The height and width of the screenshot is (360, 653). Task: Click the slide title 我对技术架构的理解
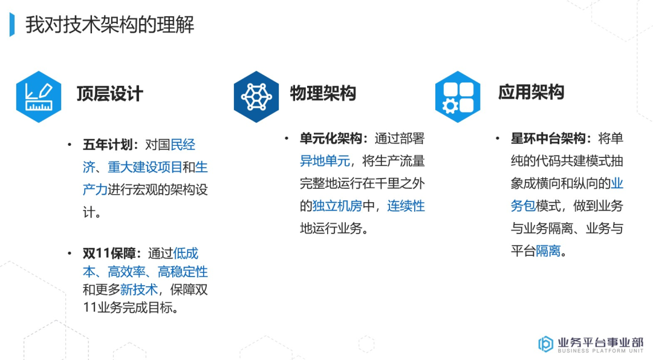(109, 25)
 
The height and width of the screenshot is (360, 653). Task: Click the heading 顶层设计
(109, 94)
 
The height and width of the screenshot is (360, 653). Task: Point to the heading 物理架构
(323, 93)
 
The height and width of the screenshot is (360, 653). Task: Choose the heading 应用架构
(531, 92)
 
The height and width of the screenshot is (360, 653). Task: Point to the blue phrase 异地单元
(325, 161)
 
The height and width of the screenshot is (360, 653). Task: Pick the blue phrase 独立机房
(337, 206)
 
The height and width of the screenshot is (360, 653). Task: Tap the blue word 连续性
(406, 206)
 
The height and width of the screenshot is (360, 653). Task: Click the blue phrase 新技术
(138, 290)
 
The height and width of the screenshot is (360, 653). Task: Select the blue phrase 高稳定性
(183, 272)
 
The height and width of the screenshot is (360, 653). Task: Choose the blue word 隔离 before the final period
(548, 250)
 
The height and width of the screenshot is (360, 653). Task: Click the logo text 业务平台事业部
(600, 341)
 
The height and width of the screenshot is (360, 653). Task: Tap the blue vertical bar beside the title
(12, 25)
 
